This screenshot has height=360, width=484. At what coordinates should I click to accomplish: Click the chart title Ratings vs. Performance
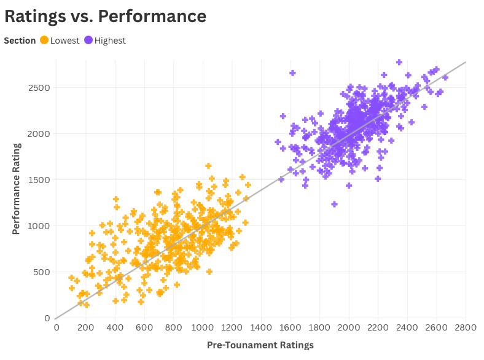105,16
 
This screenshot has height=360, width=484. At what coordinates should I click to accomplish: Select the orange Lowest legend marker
44,41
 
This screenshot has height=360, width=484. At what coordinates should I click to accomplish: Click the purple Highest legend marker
88,41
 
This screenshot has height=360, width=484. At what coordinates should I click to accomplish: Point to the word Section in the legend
20,41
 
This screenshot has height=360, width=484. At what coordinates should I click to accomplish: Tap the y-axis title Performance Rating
17,189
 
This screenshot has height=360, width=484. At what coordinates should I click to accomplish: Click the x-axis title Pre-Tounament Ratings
260,345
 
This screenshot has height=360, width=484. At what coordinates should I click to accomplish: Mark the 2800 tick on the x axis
466,327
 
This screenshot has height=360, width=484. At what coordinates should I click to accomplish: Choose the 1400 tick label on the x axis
261,327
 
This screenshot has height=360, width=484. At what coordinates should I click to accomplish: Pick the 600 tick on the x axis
144,327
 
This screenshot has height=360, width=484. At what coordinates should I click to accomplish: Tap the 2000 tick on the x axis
349,327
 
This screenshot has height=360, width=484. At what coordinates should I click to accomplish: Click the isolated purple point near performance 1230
334,204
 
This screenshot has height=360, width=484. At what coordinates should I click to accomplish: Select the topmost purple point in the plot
399,62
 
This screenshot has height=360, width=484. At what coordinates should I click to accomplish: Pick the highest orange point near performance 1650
208,166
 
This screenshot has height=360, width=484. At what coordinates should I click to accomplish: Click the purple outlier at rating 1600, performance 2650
292,73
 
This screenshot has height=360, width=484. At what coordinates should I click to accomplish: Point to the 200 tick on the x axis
85,327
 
